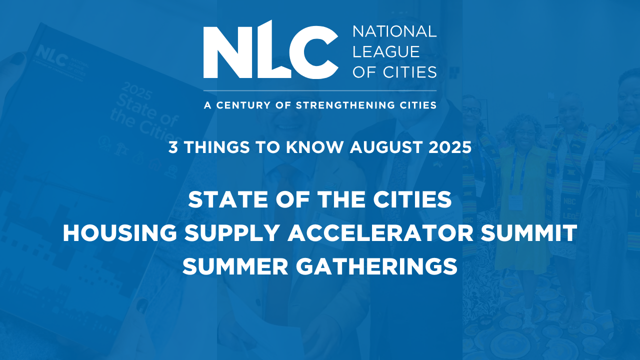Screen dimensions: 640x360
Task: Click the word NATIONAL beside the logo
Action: point(394,31)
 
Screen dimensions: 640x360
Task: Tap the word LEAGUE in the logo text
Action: point(386,51)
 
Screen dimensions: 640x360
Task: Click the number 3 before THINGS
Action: point(173,147)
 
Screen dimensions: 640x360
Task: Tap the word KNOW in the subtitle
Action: point(314,147)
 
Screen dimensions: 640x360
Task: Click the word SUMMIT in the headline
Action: point(528,233)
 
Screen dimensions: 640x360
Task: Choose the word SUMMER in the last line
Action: point(235,266)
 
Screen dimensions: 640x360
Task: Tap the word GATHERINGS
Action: point(376,266)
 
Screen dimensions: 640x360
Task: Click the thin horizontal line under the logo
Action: point(320,91)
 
